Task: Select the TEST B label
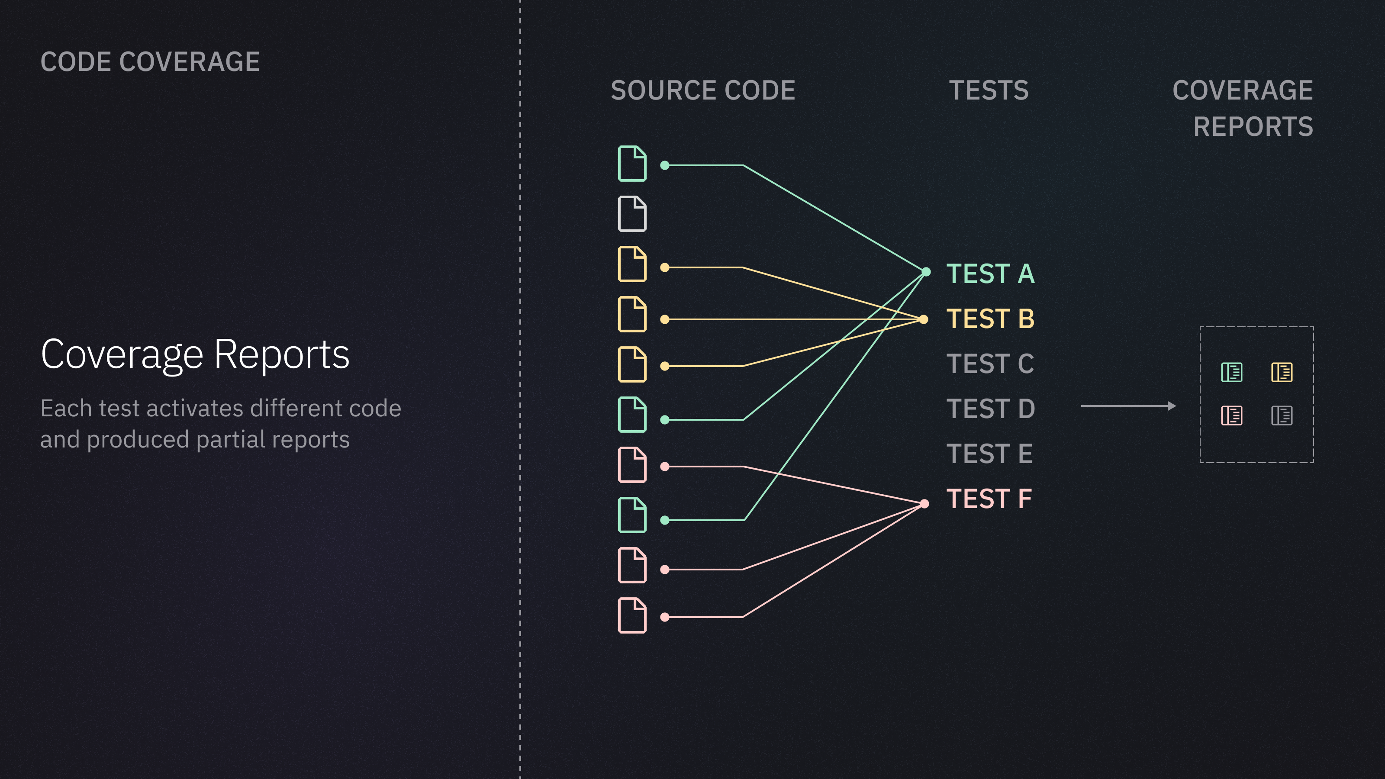pyautogui.click(x=990, y=319)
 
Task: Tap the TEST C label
pyautogui.click(x=990, y=364)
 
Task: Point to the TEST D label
pyautogui.click(x=990, y=409)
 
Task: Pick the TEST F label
pyautogui.click(x=989, y=499)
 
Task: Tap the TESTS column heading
pyautogui.click(x=989, y=90)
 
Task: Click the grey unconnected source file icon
pyautogui.click(x=632, y=214)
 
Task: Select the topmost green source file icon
pyautogui.click(x=632, y=164)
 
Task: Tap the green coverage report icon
pyautogui.click(x=1231, y=372)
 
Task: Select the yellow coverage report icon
pyautogui.click(x=1282, y=372)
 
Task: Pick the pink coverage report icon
pyautogui.click(x=1231, y=415)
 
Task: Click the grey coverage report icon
pyautogui.click(x=1282, y=415)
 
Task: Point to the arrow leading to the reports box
pyautogui.click(x=1128, y=406)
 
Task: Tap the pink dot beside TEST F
pyautogui.click(x=924, y=504)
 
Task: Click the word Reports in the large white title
pyautogui.click(x=282, y=354)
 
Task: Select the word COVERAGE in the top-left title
pyautogui.click(x=189, y=62)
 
